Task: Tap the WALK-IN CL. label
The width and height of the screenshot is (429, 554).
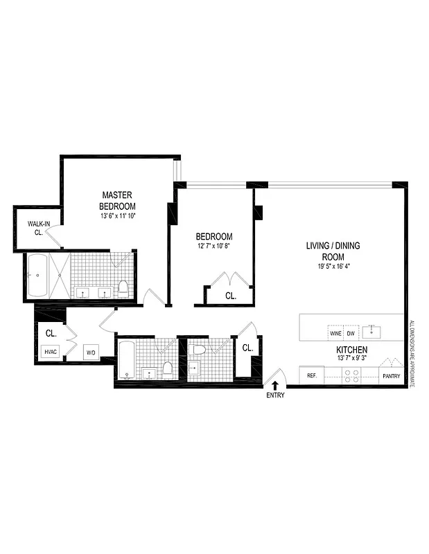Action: point(36,228)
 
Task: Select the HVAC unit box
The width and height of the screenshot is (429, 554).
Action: point(50,351)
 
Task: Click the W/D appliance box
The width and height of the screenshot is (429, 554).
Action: point(91,352)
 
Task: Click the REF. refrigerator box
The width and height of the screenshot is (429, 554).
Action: point(312,375)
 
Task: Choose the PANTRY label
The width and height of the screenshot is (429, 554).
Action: point(389,376)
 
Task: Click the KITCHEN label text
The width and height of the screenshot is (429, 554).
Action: point(351,350)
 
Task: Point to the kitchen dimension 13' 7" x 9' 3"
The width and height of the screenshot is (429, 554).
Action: point(351,359)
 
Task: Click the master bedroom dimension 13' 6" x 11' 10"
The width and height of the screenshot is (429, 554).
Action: point(117,215)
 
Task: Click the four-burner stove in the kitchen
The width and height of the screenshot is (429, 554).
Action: point(351,375)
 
